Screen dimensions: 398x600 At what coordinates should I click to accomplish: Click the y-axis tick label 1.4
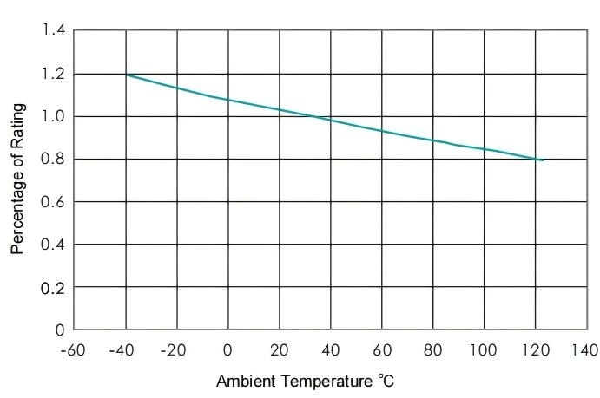54,31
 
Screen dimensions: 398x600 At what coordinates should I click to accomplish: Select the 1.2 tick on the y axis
54,74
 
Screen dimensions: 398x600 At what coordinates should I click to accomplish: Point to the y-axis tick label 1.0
54,116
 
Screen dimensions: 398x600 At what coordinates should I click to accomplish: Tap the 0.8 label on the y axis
54,159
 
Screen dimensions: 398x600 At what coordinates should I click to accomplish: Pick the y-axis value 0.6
54,202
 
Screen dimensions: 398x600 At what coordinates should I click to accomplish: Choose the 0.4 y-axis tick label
54,245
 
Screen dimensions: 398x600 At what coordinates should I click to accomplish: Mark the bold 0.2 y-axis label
54,287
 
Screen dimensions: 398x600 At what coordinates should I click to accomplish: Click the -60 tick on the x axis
74,350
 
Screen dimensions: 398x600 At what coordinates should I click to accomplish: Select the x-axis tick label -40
125,350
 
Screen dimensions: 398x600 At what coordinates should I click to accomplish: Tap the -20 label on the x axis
176,350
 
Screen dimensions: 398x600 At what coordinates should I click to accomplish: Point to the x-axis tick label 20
279,350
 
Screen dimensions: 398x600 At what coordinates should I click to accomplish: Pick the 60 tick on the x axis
381,350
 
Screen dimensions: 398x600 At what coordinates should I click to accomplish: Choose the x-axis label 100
484,350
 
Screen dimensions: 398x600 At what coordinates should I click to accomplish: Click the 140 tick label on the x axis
586,350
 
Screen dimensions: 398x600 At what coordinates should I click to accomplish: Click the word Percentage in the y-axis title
18,205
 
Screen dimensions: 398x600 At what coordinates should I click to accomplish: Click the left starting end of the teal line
126,75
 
